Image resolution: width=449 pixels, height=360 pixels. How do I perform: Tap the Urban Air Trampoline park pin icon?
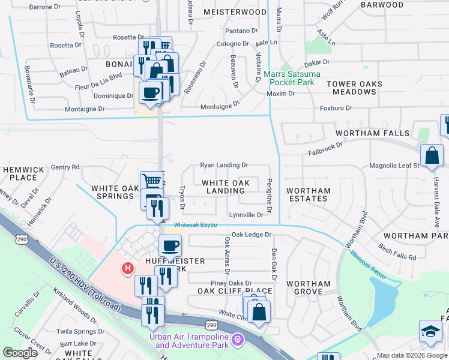point(238,340)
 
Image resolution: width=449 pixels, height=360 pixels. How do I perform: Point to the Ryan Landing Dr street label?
point(224,164)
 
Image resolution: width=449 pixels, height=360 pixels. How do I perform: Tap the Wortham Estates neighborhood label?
point(309,196)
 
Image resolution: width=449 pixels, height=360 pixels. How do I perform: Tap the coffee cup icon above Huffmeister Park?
point(169,245)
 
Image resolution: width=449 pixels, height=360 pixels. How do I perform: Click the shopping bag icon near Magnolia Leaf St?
point(431,155)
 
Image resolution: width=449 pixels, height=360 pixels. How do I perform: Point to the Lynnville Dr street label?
point(246,215)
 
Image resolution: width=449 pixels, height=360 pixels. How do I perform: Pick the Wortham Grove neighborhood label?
point(309,288)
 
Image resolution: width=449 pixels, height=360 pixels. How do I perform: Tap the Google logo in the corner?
point(20,353)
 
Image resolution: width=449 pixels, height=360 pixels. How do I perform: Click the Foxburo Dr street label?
point(336,108)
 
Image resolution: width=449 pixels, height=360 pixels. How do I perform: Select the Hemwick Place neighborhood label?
point(23,174)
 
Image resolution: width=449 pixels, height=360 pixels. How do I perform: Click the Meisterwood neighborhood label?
point(235,12)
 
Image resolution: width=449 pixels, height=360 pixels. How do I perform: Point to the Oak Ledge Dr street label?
point(252,235)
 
